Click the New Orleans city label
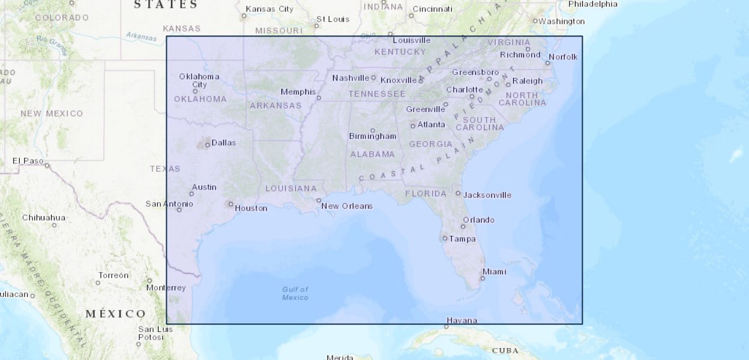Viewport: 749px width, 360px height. (x=347, y=206)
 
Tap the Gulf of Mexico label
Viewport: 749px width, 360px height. (x=295, y=293)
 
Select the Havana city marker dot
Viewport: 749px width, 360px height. (x=446, y=326)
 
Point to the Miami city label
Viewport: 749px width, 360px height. (x=495, y=272)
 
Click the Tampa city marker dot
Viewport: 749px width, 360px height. (x=445, y=238)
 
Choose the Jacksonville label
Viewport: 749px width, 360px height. (x=487, y=195)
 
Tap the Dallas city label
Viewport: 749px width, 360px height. (x=224, y=143)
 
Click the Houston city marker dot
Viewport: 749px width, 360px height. (x=231, y=204)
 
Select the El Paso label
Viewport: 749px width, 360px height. (x=28, y=161)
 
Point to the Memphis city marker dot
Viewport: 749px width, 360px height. (x=319, y=98)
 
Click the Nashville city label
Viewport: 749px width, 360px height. (x=350, y=78)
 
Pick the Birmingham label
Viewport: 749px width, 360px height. (x=373, y=136)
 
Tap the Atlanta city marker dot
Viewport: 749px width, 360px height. (x=413, y=125)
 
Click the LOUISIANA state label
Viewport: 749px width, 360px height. (x=291, y=188)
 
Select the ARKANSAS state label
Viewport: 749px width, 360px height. (x=275, y=106)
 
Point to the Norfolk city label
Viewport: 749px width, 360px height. (x=563, y=57)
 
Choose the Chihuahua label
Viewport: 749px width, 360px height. (x=44, y=217)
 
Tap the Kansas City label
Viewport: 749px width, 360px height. (x=270, y=9)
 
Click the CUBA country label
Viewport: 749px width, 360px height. (x=505, y=350)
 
